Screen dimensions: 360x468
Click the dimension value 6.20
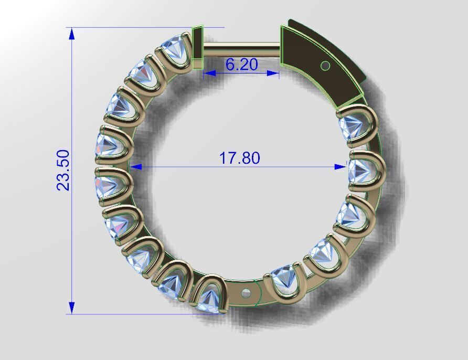(242, 65)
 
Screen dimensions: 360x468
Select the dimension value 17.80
(239, 157)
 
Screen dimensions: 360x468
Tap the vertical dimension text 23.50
(63, 170)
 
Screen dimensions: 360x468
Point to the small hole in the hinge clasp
(325, 66)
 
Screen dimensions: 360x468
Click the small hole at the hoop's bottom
(246, 292)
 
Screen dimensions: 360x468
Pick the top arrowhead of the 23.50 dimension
(72, 34)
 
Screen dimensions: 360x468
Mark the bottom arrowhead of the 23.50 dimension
(72, 308)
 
